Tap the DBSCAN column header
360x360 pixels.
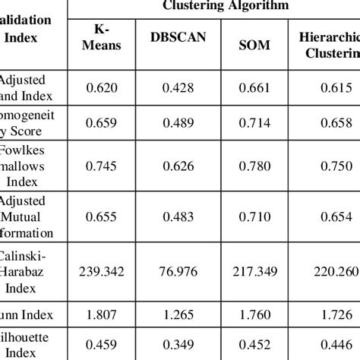[178, 39]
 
